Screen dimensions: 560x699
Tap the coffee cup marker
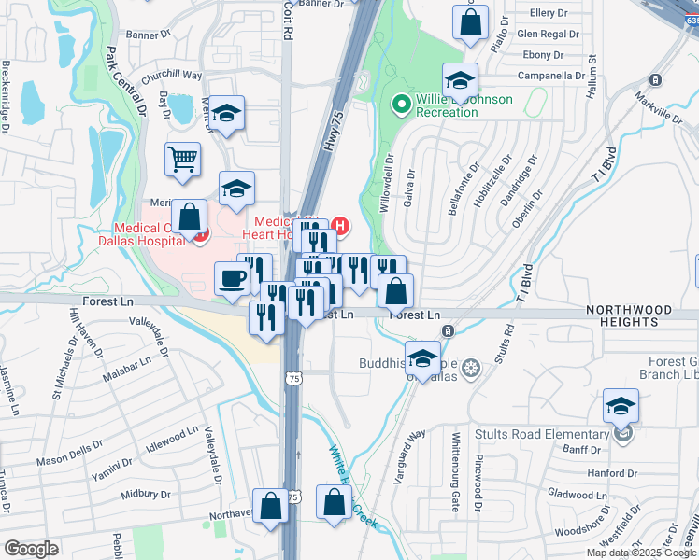[x=232, y=277]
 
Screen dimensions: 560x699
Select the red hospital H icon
[x=341, y=225]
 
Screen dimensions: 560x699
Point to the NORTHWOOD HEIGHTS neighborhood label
[x=643, y=315]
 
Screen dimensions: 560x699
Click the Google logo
[x=31, y=549]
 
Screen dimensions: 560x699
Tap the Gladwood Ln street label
[x=578, y=495]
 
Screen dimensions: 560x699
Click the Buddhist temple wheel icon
[x=471, y=365]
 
